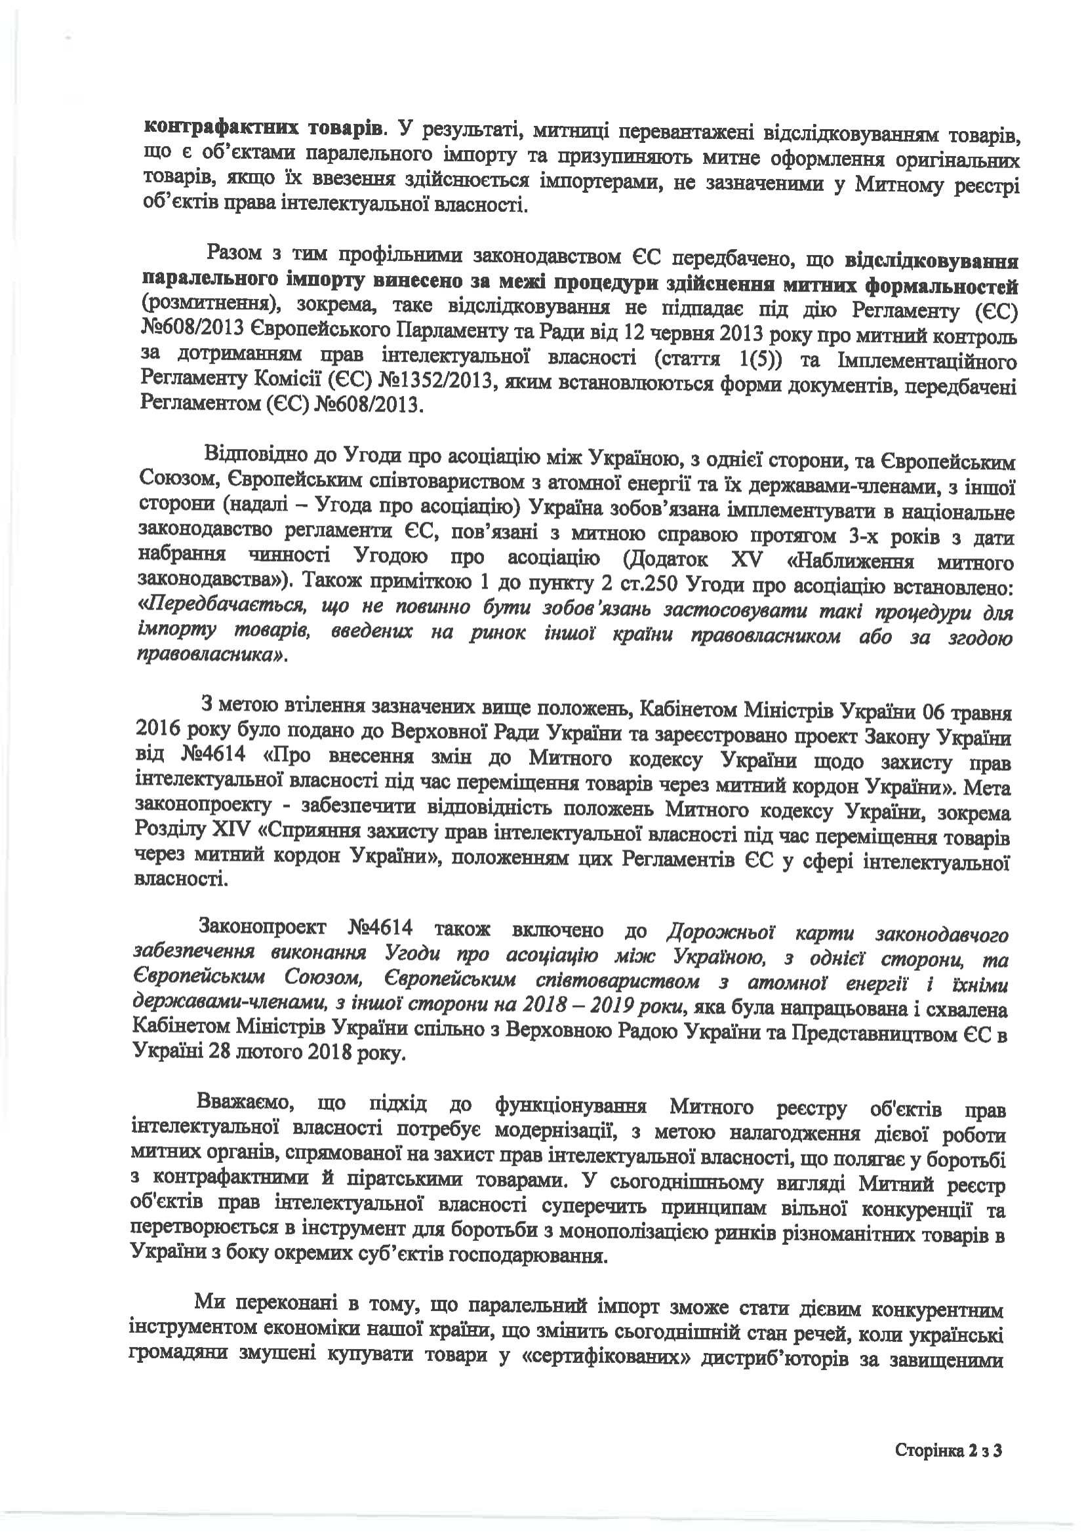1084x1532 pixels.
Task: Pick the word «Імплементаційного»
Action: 928,361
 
